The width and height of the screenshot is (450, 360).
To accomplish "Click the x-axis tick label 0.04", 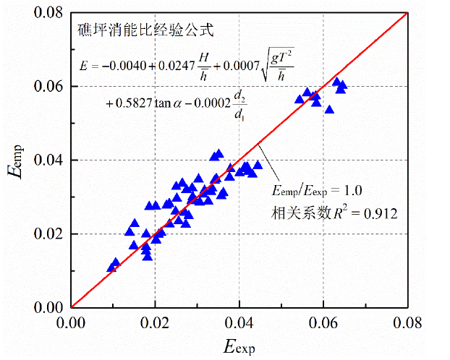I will pyautogui.click(x=239, y=321).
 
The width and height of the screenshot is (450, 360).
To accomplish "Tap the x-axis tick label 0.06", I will pyautogui.click(x=323, y=321).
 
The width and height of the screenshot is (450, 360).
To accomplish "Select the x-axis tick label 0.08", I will pyautogui.click(x=407, y=321).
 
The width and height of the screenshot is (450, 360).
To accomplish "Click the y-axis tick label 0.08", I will pyautogui.click(x=50, y=12).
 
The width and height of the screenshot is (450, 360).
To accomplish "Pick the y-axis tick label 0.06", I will pyautogui.click(x=50, y=86).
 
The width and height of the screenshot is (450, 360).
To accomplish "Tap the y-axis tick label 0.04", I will pyautogui.click(x=50, y=160).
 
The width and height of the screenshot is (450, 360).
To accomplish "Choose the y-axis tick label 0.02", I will pyautogui.click(x=50, y=234).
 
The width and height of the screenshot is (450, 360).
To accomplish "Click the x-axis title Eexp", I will pyautogui.click(x=239, y=346).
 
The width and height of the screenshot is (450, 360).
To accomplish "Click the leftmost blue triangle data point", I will pyautogui.click(x=111, y=267).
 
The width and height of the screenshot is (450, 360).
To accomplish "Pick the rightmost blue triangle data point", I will pyautogui.click(x=342, y=85).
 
